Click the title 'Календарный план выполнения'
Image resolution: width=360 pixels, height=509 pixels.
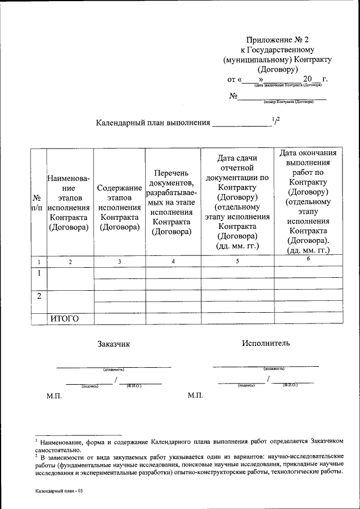pyautogui.click(x=153, y=122)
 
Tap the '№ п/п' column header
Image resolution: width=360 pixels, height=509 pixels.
pyautogui.click(x=37, y=203)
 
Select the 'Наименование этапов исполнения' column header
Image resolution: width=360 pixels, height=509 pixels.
pyautogui.click(x=69, y=203)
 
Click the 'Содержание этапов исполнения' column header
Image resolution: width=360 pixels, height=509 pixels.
pyautogui.click(x=119, y=208)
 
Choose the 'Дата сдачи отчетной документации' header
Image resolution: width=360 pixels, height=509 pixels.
pyautogui.click(x=237, y=203)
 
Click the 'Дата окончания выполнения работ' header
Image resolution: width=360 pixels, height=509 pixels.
pyautogui.click(x=308, y=202)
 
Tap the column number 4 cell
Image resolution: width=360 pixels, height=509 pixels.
pyautogui.click(x=173, y=262)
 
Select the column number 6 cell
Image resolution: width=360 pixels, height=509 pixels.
pyautogui.click(x=308, y=258)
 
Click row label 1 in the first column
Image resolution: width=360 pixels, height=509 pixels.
pyautogui.click(x=39, y=273)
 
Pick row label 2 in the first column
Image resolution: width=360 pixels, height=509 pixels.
pyautogui.click(x=39, y=296)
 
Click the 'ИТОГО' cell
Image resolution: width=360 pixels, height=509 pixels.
pyautogui.click(x=64, y=319)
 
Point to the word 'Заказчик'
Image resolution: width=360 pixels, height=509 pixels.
pyautogui.click(x=113, y=344)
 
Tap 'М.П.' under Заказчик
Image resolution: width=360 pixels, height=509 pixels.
pyautogui.click(x=54, y=397)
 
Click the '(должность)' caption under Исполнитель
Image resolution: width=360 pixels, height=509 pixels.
pyautogui.click(x=274, y=369)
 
